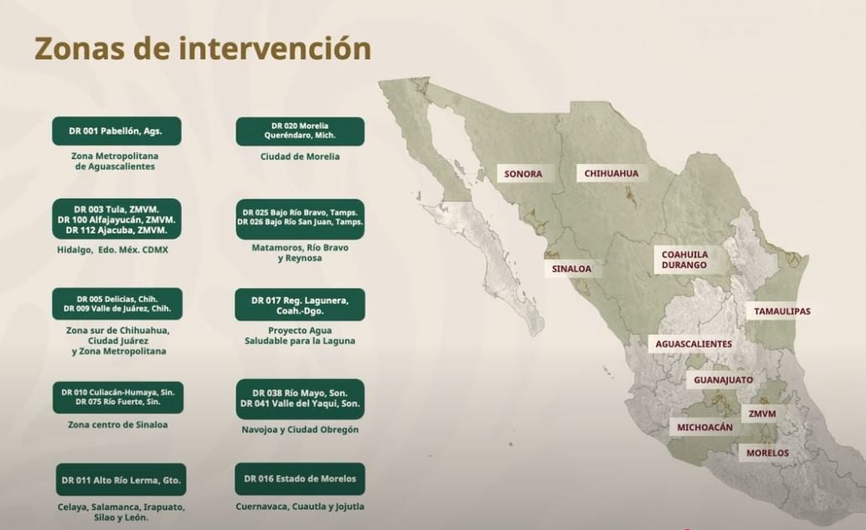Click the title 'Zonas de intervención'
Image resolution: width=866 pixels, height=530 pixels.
coord(203,49)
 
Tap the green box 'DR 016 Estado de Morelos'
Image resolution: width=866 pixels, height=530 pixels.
coord(300,479)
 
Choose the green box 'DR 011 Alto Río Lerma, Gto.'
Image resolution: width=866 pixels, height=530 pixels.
coord(121,480)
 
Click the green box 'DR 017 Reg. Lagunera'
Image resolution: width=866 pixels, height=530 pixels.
coord(300,305)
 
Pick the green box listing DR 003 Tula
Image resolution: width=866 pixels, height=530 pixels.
coord(117,219)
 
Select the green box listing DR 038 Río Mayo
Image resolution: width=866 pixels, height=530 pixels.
coord(300,399)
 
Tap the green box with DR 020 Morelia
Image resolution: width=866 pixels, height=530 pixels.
coord(300,131)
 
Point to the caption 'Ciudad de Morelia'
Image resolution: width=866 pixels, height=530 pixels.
coord(300,157)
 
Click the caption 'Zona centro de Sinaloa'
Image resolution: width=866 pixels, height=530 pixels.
coord(118,425)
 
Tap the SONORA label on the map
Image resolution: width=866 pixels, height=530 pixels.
coord(523,174)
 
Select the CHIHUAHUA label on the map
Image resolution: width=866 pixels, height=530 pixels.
coord(611,173)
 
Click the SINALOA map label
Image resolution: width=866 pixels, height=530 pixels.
coord(572,270)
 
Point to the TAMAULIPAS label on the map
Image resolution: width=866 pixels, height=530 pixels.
coord(781,311)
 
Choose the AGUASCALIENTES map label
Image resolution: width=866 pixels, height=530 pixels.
coord(693,344)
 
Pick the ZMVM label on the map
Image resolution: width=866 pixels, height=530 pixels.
coord(762,414)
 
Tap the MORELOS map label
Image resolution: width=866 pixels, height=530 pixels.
coord(767,453)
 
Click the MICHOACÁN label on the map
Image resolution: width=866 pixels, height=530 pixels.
coord(705,428)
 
